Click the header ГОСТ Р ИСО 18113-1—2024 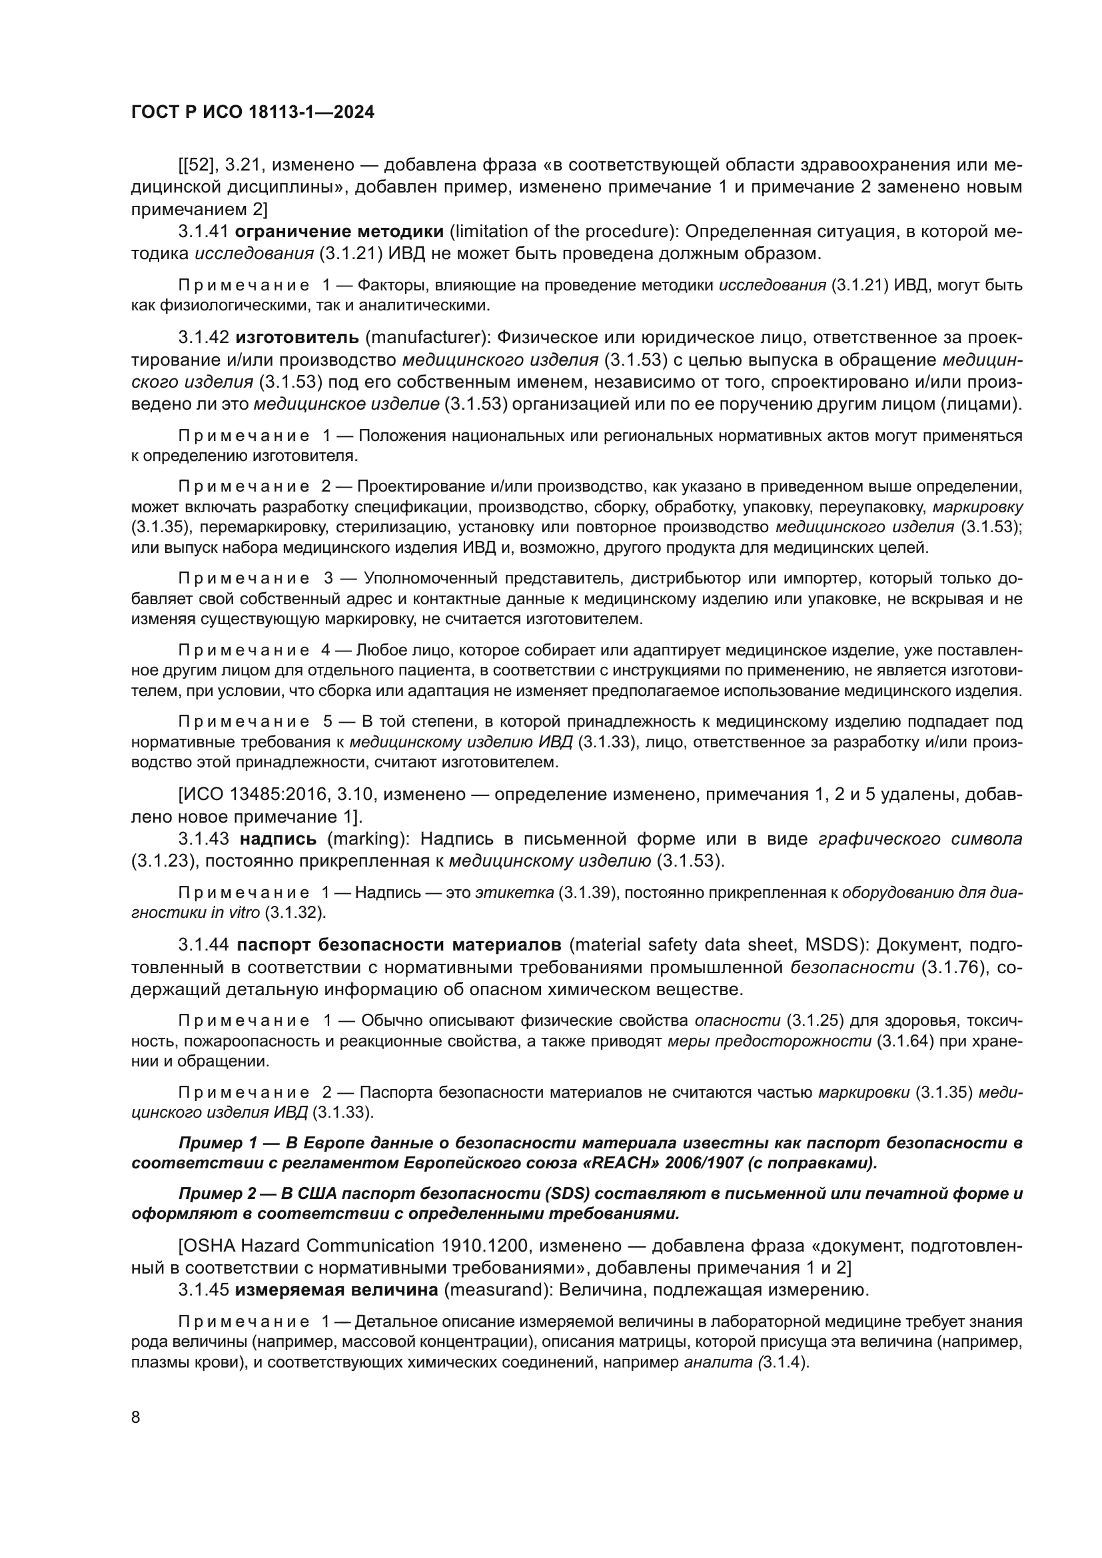click(253, 113)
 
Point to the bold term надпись click(278, 839)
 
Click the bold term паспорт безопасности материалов click(399, 945)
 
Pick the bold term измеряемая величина click(336, 1290)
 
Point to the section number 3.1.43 click(205, 839)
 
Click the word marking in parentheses click(366, 839)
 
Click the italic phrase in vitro click(235, 913)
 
